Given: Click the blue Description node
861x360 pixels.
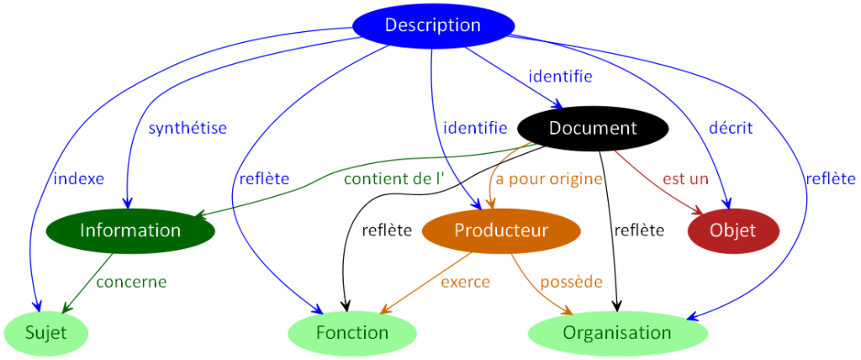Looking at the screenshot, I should (x=432, y=25).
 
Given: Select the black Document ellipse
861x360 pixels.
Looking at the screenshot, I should (x=593, y=129).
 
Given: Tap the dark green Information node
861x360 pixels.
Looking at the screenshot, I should (x=130, y=230).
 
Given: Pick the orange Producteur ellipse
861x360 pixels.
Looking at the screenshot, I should (x=501, y=230).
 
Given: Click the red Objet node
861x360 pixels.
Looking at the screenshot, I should (x=733, y=230).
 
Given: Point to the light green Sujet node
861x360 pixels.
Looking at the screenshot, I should (x=46, y=333).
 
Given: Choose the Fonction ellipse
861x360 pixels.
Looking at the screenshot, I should (x=352, y=333).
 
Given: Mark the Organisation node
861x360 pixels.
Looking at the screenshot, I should (x=617, y=333).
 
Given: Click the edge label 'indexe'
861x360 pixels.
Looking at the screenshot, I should (x=78, y=178).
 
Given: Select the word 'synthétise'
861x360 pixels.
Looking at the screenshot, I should (x=188, y=128).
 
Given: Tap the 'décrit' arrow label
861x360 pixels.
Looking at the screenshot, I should (x=731, y=128).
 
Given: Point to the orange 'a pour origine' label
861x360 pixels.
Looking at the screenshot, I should (x=549, y=178).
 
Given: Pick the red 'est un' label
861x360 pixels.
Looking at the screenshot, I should (x=685, y=178).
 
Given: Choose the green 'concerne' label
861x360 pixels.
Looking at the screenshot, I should (x=131, y=282).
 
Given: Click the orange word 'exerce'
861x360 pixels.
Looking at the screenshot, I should (x=465, y=282).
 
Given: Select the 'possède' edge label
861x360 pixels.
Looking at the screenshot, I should (x=571, y=282).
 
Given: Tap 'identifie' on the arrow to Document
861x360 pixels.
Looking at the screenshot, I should (x=560, y=77).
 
